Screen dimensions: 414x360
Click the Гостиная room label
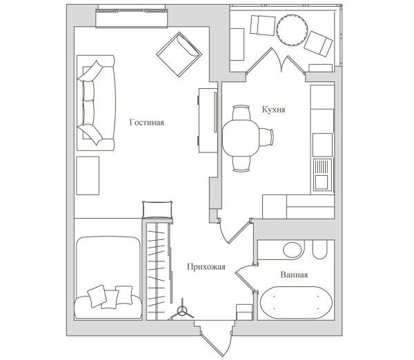click(x=147, y=123)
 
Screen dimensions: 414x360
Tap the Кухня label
click(x=273, y=109)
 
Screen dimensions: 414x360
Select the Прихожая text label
click(x=206, y=267)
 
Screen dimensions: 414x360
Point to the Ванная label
click(x=294, y=274)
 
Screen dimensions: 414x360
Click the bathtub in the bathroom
click(x=296, y=303)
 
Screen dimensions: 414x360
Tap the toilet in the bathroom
click(x=320, y=250)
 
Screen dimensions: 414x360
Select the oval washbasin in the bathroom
click(x=292, y=250)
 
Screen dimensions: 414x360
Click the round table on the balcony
click(x=292, y=30)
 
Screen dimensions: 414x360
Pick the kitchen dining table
click(x=241, y=138)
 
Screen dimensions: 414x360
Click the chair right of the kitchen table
click(x=266, y=137)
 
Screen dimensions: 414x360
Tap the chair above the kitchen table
click(x=241, y=112)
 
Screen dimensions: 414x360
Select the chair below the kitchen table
click(x=241, y=163)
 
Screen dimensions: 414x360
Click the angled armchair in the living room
click(x=179, y=54)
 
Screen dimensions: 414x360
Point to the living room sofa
click(x=96, y=103)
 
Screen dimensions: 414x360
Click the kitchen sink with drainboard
click(x=322, y=174)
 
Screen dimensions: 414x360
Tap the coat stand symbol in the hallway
click(x=182, y=311)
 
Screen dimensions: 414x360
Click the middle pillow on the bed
click(x=110, y=299)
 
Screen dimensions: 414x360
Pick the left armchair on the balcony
click(x=262, y=26)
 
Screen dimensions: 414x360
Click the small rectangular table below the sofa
click(x=88, y=175)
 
